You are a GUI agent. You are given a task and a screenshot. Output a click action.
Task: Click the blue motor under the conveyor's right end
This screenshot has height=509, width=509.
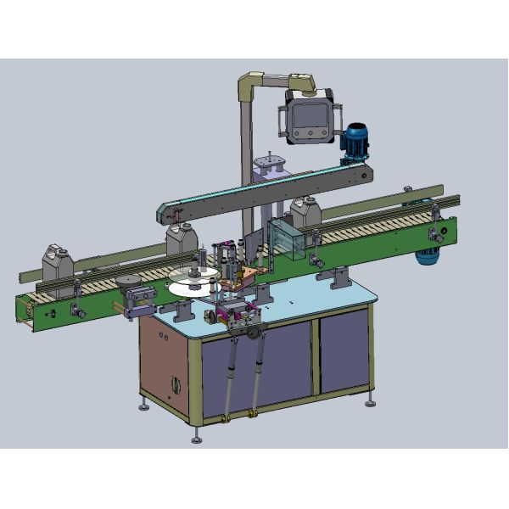click(x=428, y=257)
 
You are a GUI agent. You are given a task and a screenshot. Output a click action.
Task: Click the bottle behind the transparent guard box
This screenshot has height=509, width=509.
click(x=304, y=215)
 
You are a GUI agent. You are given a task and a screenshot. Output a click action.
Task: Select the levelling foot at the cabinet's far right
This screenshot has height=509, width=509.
click(x=371, y=404)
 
